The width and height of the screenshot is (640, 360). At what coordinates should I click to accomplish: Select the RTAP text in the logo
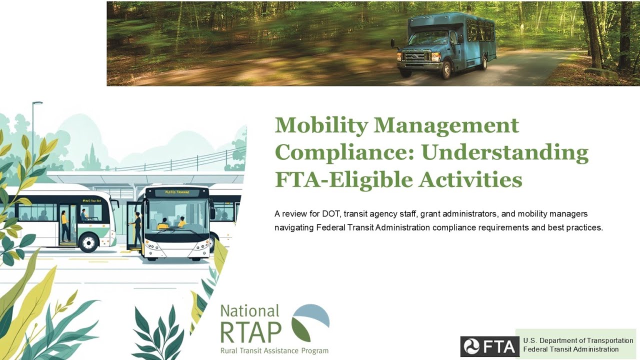(x=251, y=331)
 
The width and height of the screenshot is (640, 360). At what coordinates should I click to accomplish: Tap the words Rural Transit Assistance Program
(x=274, y=351)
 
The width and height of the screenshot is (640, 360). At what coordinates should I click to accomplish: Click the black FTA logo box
(x=489, y=346)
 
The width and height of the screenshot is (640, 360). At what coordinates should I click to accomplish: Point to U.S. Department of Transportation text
(x=578, y=340)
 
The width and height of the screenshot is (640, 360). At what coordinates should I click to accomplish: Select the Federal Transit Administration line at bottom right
(x=570, y=349)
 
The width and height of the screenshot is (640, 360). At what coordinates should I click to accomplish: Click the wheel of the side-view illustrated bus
(x=88, y=243)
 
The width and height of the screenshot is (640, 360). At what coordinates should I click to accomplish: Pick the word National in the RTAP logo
(x=249, y=311)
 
